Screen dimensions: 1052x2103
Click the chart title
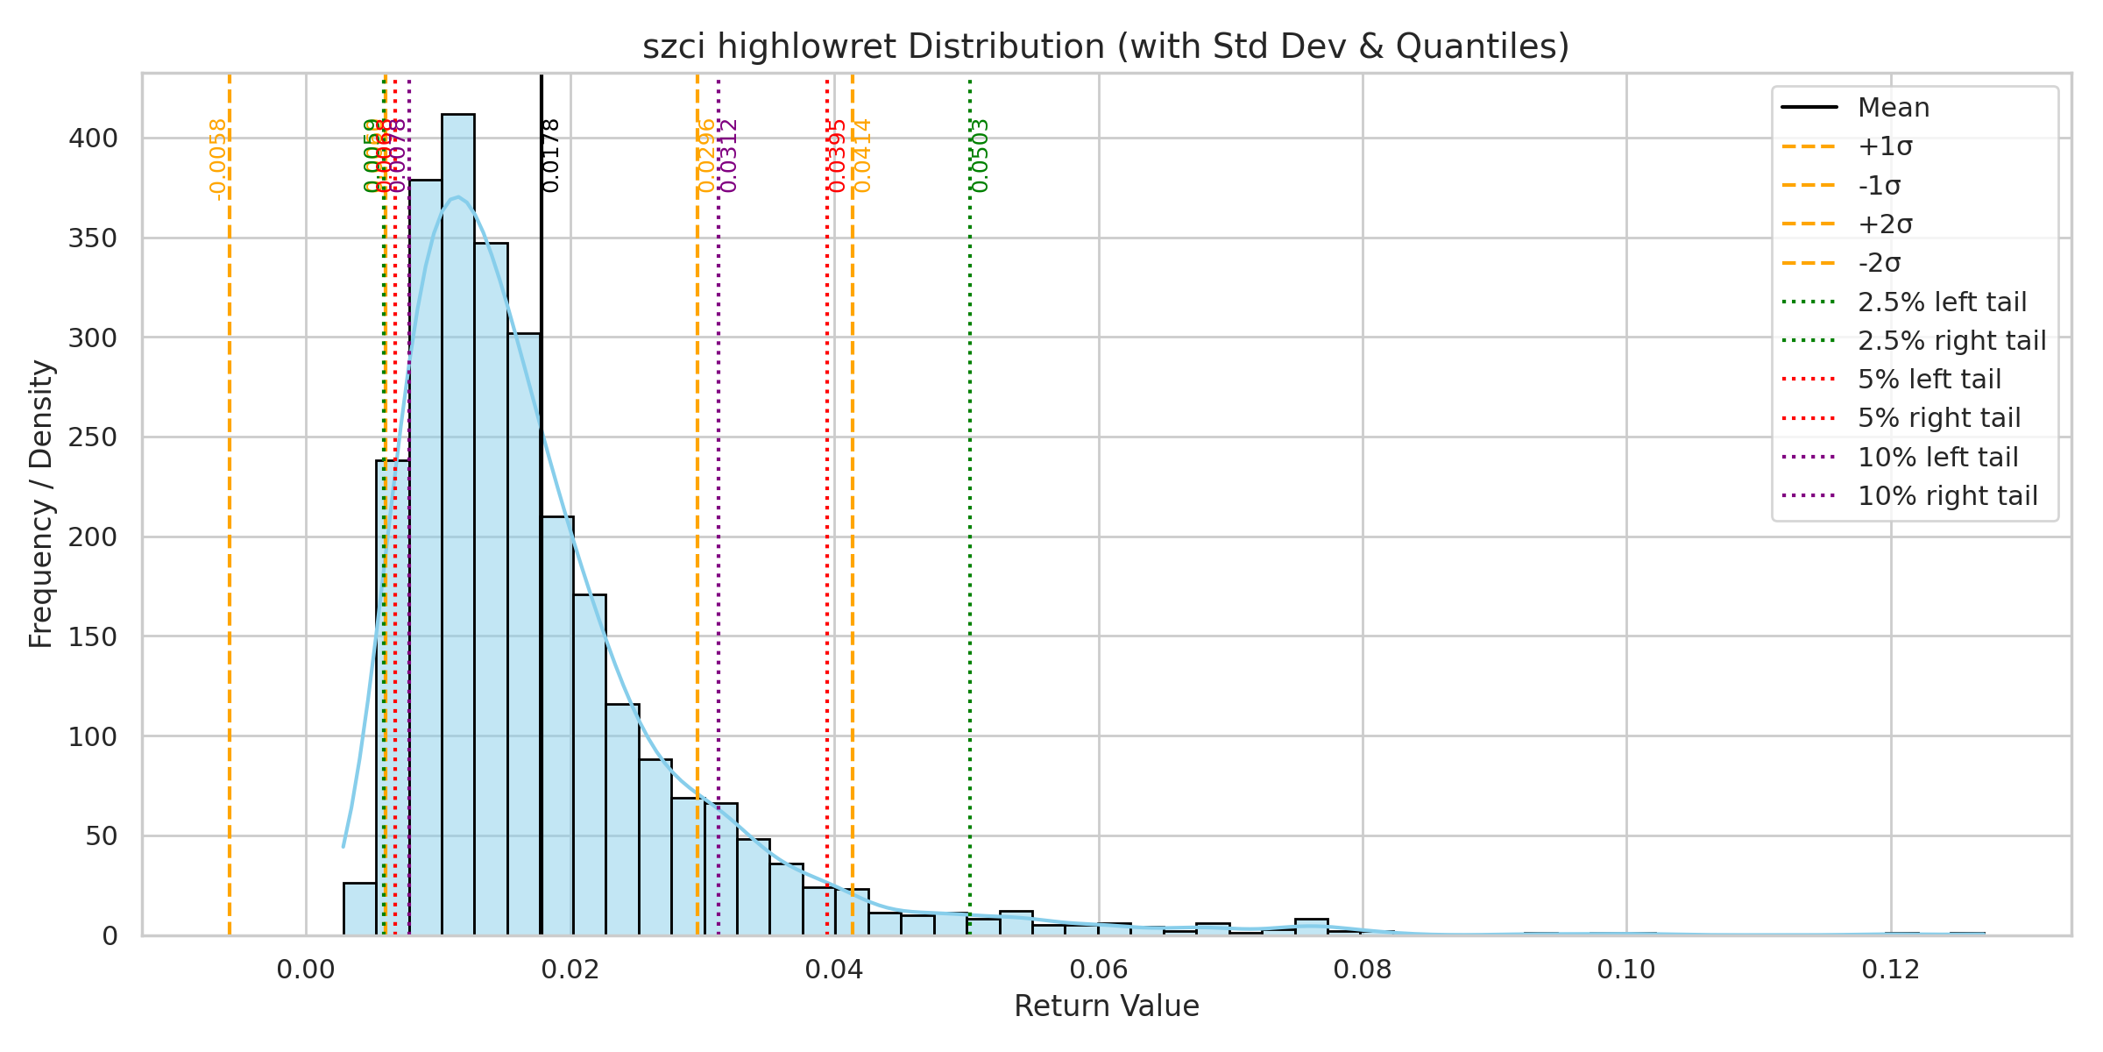(1106, 46)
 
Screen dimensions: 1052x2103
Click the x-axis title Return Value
(1106, 1006)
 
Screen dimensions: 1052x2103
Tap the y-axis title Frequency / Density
(41, 504)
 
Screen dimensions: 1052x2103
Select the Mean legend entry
(1893, 108)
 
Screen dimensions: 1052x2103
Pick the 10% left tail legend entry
(1937, 457)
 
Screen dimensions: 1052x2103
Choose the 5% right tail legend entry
(1938, 418)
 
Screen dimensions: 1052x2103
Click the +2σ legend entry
(1885, 224)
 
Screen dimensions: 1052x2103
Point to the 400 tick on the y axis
(93, 139)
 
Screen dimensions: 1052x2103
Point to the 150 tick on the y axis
(93, 637)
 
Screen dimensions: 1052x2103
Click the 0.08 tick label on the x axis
(1363, 970)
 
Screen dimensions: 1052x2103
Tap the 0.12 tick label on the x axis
(1891, 970)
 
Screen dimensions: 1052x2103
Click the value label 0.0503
(981, 156)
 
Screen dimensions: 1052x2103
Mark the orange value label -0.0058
(218, 160)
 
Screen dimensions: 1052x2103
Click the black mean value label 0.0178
(551, 156)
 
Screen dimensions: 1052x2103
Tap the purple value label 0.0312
(729, 156)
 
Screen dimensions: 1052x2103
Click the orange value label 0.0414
(863, 156)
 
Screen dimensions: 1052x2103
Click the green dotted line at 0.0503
(970, 526)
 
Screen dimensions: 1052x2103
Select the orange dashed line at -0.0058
(230, 526)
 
